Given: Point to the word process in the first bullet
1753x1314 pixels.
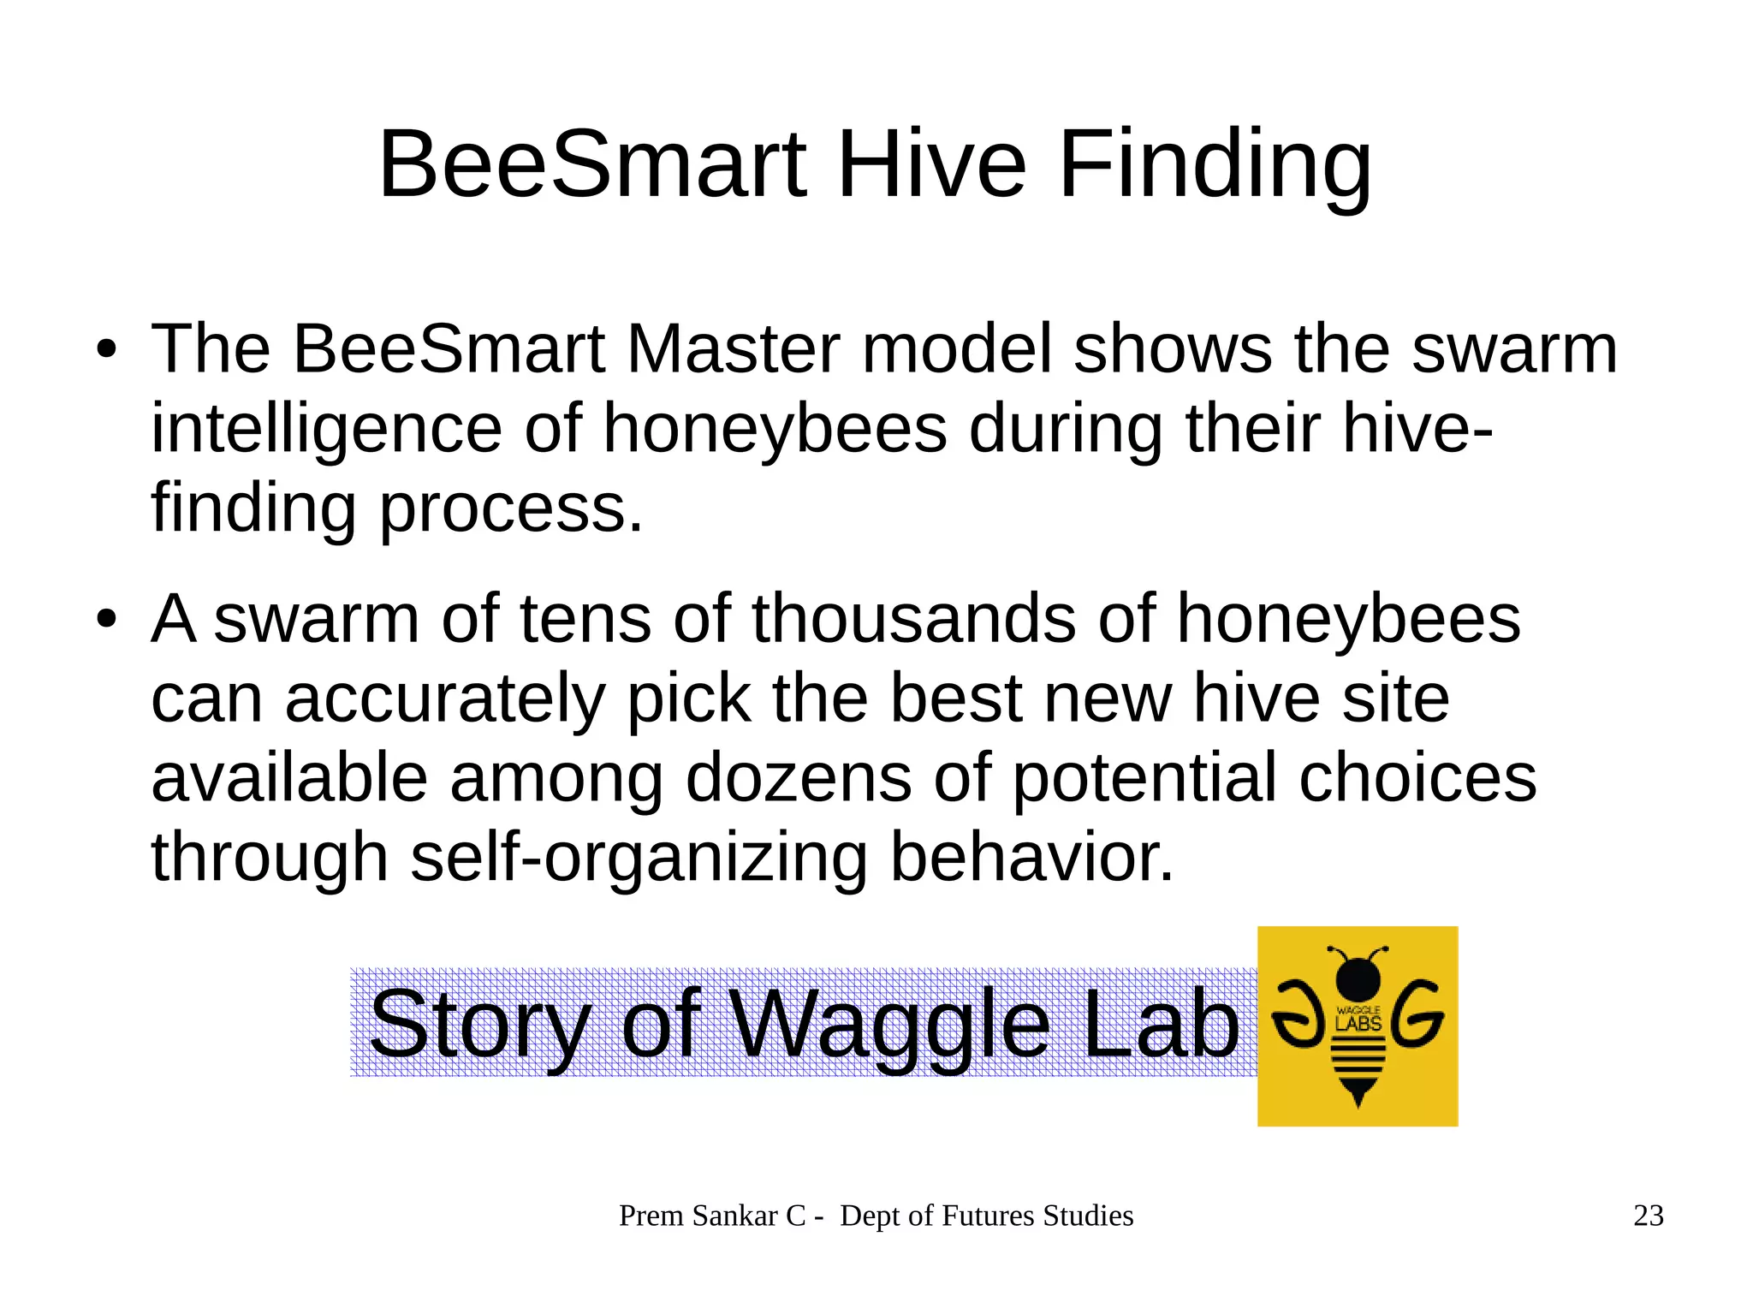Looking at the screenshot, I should [510, 508].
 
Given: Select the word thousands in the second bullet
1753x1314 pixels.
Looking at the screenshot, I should [913, 618].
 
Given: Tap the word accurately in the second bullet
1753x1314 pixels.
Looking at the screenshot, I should [445, 699].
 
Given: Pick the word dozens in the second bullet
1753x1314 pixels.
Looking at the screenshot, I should [798, 777].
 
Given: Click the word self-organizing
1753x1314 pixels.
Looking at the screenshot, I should [639, 857].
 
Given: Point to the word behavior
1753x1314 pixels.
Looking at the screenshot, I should [1031, 857].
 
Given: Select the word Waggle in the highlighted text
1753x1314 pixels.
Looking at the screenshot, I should [891, 1024].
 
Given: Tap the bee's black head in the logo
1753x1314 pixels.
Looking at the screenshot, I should [1358, 976].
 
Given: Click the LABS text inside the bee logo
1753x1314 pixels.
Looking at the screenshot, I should [1358, 1023].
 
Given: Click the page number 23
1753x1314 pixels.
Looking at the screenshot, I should [1648, 1216].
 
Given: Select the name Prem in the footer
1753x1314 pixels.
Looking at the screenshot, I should [651, 1216].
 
